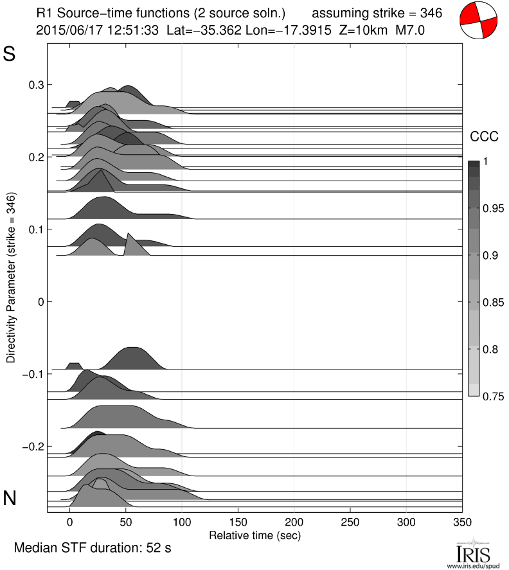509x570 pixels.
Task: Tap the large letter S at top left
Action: coord(10,55)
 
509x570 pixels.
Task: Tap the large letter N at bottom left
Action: coord(10,498)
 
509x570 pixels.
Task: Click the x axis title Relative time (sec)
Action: coord(255,535)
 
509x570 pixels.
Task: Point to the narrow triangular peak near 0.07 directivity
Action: coord(130,245)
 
